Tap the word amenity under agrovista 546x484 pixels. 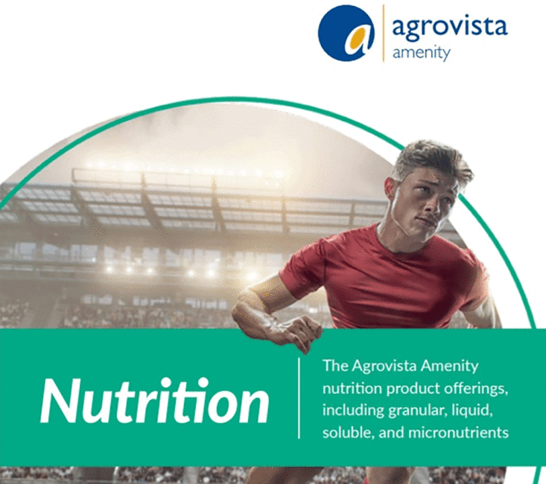[x=421, y=54]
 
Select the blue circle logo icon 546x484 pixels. [x=346, y=33]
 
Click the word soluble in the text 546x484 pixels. [x=345, y=432]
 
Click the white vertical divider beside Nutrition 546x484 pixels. [x=299, y=398]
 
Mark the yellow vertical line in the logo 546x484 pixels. [x=384, y=33]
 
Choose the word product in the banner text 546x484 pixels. [x=395, y=389]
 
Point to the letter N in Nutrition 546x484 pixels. [x=59, y=401]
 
